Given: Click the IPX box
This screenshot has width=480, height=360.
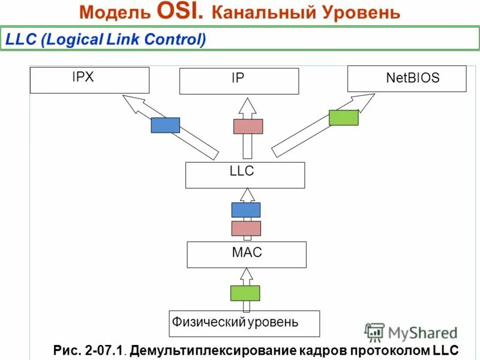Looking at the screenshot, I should pyautogui.click(x=89, y=80).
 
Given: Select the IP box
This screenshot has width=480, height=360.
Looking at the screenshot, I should pyautogui.click(x=239, y=81).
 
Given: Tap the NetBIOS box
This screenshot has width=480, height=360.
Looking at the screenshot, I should pyautogui.click(x=407, y=79).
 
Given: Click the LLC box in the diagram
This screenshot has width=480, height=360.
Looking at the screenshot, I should pyautogui.click(x=245, y=175).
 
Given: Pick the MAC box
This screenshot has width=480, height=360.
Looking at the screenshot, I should pyautogui.click(x=247, y=254).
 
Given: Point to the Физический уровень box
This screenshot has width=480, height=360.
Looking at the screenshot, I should pyautogui.click(x=244, y=323).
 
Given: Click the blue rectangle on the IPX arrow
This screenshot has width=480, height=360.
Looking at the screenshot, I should pyautogui.click(x=165, y=125).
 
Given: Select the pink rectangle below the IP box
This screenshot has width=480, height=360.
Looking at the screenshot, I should pyautogui.click(x=248, y=126).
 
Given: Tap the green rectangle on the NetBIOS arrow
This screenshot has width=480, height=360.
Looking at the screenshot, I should pyautogui.click(x=343, y=118).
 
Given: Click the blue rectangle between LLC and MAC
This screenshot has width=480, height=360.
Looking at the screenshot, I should pyautogui.click(x=246, y=210).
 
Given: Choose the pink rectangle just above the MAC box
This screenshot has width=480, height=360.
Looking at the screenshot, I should pyautogui.click(x=246, y=229).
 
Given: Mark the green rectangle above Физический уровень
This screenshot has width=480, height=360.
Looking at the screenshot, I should pyautogui.click(x=245, y=293).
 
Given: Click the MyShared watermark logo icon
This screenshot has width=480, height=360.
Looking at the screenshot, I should pyautogui.click(x=374, y=332).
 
